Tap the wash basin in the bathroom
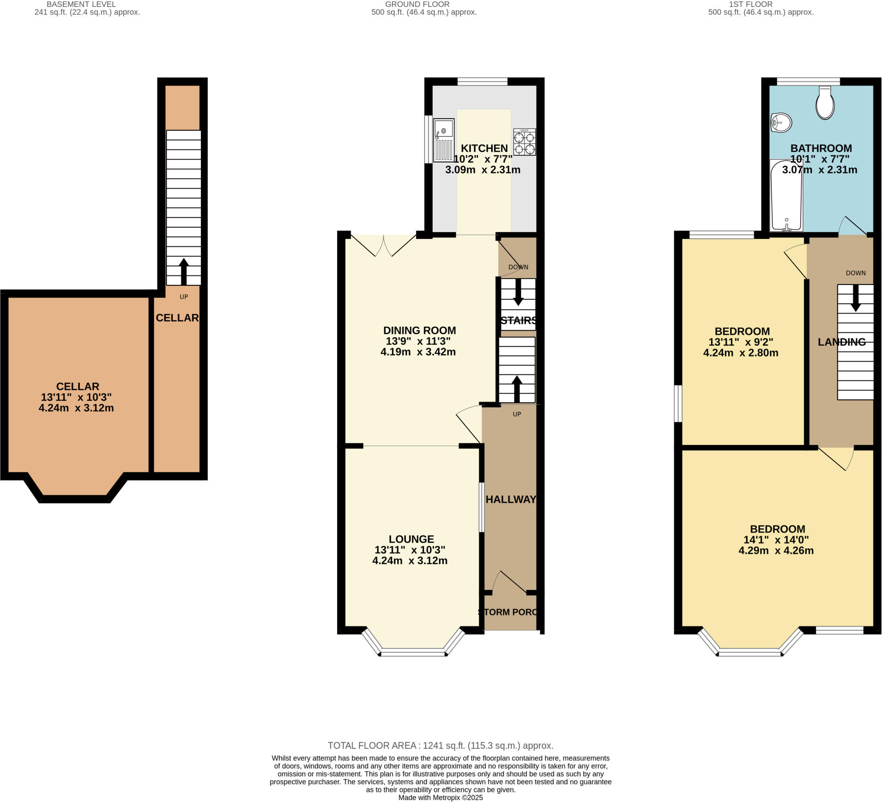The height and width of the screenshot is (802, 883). click(781, 122)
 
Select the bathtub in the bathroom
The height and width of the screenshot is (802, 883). click(786, 195)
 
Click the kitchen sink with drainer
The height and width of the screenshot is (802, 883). click(444, 140)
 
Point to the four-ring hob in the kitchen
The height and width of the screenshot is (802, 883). click(524, 142)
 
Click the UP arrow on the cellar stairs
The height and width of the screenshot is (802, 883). click(184, 271)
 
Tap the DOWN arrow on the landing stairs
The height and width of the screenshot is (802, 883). click(855, 298)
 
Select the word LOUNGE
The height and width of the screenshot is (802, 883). click(411, 539)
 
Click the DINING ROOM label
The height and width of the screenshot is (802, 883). click(419, 330)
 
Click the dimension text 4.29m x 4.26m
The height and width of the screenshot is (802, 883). click(776, 551)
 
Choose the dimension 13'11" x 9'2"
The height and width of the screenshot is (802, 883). click(741, 342)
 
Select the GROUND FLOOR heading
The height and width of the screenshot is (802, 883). click(417, 4)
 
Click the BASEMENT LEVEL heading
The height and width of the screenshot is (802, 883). click(81, 4)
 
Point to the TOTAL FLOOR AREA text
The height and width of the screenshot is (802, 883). click(440, 746)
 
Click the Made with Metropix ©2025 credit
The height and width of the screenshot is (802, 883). click(440, 798)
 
